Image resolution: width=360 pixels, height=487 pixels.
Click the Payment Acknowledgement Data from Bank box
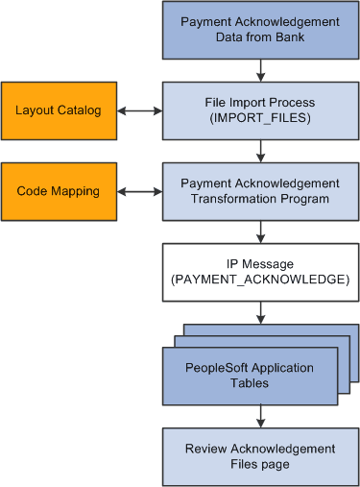(x=259, y=29)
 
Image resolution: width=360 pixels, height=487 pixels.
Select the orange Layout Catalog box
(x=58, y=110)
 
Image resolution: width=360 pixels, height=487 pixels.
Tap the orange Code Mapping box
(x=58, y=191)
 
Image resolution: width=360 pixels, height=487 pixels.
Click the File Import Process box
(x=259, y=110)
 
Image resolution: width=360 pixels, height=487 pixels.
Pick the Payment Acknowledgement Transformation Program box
(x=259, y=191)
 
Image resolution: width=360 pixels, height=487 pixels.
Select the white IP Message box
(x=259, y=272)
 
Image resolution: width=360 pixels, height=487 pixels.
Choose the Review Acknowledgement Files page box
(x=259, y=456)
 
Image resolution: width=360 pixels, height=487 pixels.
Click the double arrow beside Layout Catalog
(x=138, y=110)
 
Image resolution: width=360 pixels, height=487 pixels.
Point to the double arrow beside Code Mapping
(x=138, y=191)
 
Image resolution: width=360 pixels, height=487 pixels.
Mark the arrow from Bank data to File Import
(x=260, y=70)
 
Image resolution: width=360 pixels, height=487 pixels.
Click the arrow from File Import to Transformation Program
(x=260, y=151)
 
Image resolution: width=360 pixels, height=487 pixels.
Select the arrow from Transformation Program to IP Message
(x=260, y=231)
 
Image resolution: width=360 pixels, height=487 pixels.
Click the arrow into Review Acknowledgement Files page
(x=260, y=415)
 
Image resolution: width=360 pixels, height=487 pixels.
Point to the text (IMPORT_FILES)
(x=260, y=118)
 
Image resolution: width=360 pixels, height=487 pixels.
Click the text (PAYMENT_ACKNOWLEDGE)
(x=260, y=280)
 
